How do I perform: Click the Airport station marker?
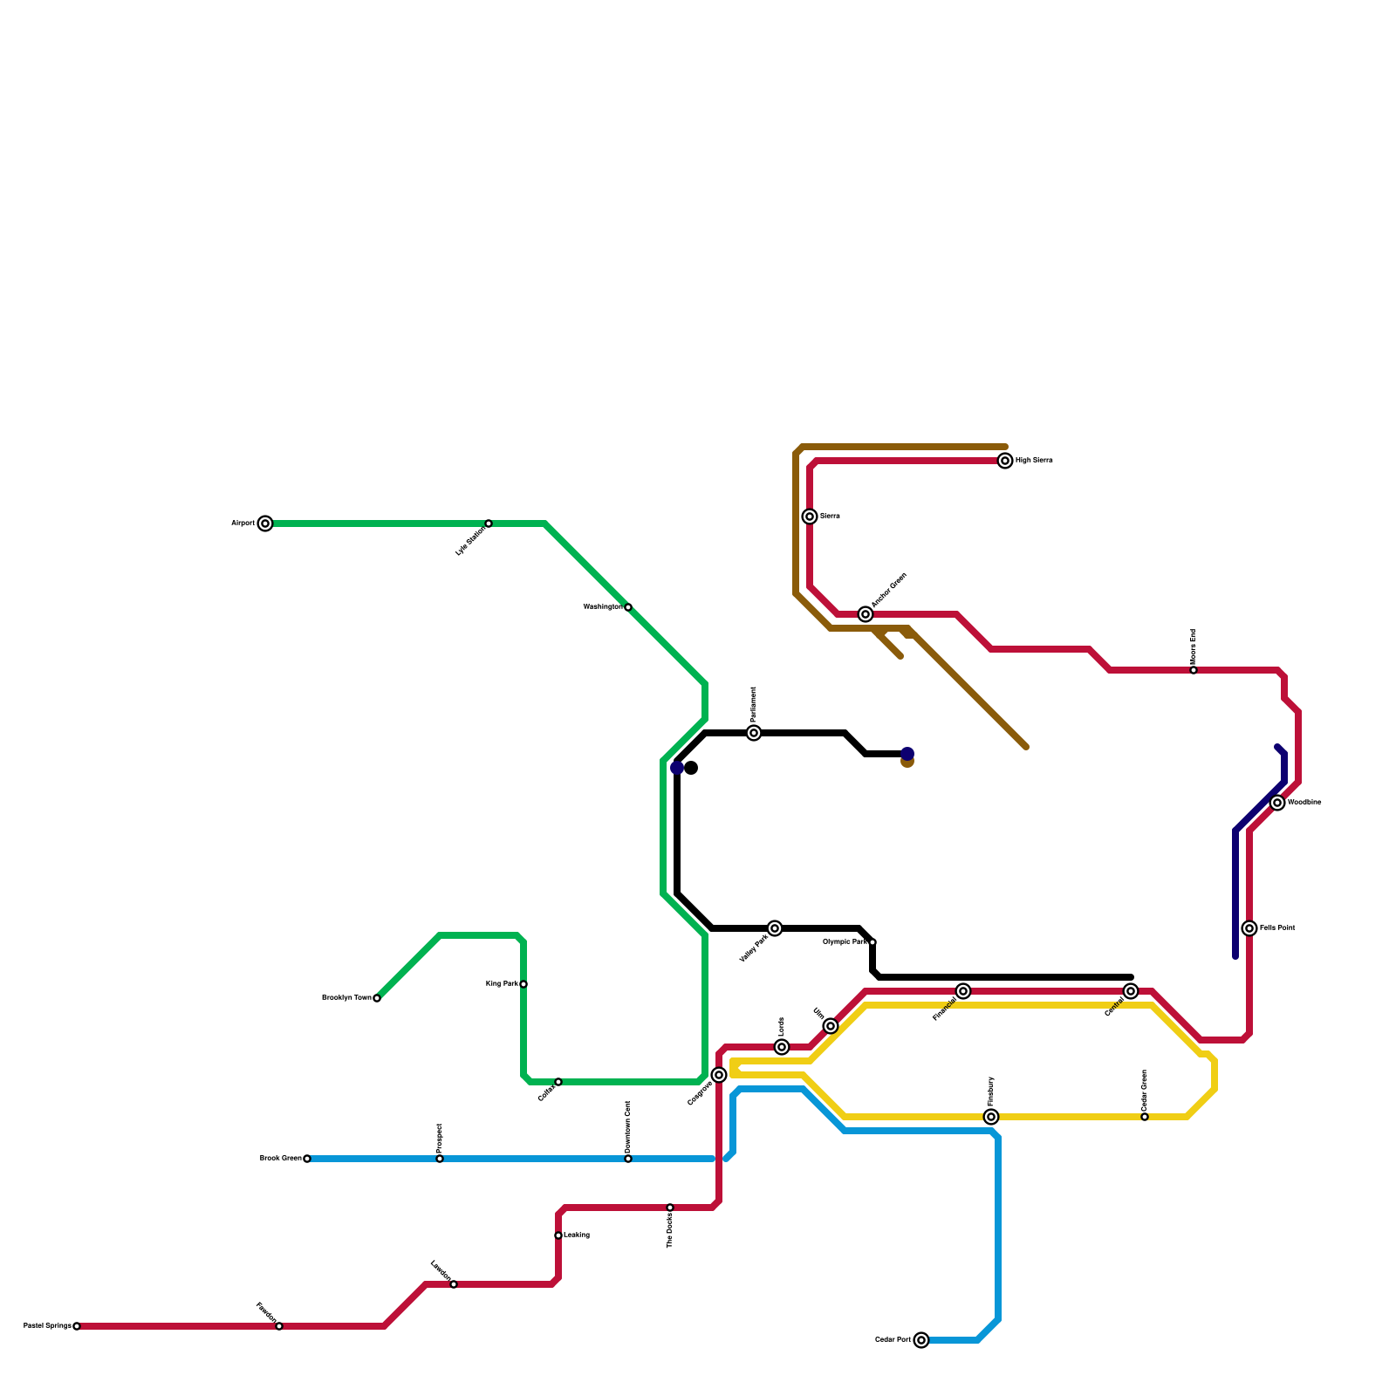tap(265, 523)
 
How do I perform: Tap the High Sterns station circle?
tap(1005, 461)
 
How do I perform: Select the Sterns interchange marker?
tap(810, 517)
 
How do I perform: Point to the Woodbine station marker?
tap(1277, 803)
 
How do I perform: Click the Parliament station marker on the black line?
tap(754, 733)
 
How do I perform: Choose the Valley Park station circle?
tap(775, 928)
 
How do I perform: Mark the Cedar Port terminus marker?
tap(921, 1340)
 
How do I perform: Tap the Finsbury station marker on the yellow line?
tap(991, 1117)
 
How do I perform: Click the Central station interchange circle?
tap(1131, 991)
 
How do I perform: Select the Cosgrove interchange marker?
tap(719, 1075)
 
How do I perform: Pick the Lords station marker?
tap(782, 1047)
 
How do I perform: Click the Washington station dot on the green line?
tap(628, 607)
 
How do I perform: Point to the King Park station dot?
tap(523, 984)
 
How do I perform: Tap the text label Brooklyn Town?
tap(346, 998)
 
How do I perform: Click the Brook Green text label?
tap(280, 1159)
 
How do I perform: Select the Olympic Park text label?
tap(845, 942)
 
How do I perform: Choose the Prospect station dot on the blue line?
tap(440, 1159)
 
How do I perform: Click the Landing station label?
tap(577, 1235)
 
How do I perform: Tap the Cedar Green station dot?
tap(1145, 1117)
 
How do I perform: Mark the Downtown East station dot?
tap(628, 1159)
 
